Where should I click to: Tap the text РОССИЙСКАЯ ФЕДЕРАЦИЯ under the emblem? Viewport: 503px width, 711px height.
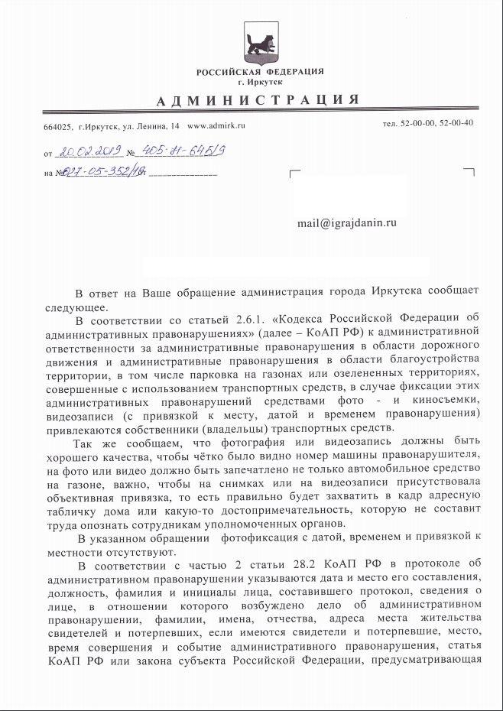coord(259,71)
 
